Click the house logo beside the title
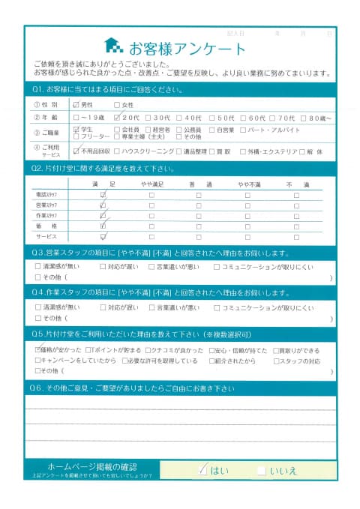112,46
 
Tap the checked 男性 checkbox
76,105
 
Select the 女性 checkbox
116,105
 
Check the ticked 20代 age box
116,118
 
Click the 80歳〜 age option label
319,118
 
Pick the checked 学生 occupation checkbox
76,130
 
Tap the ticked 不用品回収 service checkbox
76,151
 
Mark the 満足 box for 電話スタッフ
103,195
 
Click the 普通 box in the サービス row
199,236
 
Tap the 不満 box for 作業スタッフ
296,215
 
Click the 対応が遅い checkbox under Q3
103,265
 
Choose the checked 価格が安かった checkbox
38,350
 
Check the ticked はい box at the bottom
202,470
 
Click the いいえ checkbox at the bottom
261,470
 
